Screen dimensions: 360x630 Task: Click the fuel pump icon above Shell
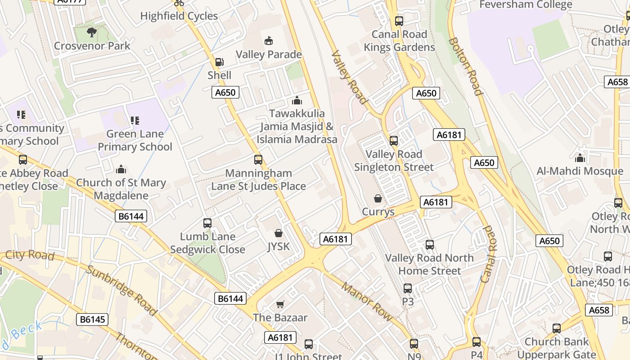tap(219, 62)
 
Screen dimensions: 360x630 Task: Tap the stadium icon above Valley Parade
tap(269, 41)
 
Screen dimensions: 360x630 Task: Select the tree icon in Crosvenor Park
tap(92, 32)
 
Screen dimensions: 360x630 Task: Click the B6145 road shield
tap(93, 319)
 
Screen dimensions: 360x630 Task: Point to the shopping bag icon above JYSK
tap(279, 233)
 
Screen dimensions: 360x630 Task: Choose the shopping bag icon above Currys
tap(378, 198)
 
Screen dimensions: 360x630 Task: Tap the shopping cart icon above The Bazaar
tap(280, 304)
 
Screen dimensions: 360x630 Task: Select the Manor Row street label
tap(366, 301)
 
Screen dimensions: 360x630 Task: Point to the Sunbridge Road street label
tap(121, 290)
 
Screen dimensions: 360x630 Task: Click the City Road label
tap(30, 255)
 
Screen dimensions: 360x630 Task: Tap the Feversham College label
tap(526, 5)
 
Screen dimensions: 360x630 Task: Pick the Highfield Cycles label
tap(179, 16)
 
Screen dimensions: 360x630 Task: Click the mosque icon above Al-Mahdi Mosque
tap(580, 158)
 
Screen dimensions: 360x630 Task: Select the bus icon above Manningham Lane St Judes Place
tap(258, 160)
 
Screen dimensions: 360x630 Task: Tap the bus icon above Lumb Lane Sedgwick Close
tap(207, 223)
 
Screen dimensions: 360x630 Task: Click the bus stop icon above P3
tap(408, 288)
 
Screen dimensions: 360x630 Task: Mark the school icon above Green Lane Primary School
tap(135, 121)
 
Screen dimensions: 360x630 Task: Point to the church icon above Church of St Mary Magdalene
tap(121, 170)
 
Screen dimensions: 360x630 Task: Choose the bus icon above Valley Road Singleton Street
tap(394, 141)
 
